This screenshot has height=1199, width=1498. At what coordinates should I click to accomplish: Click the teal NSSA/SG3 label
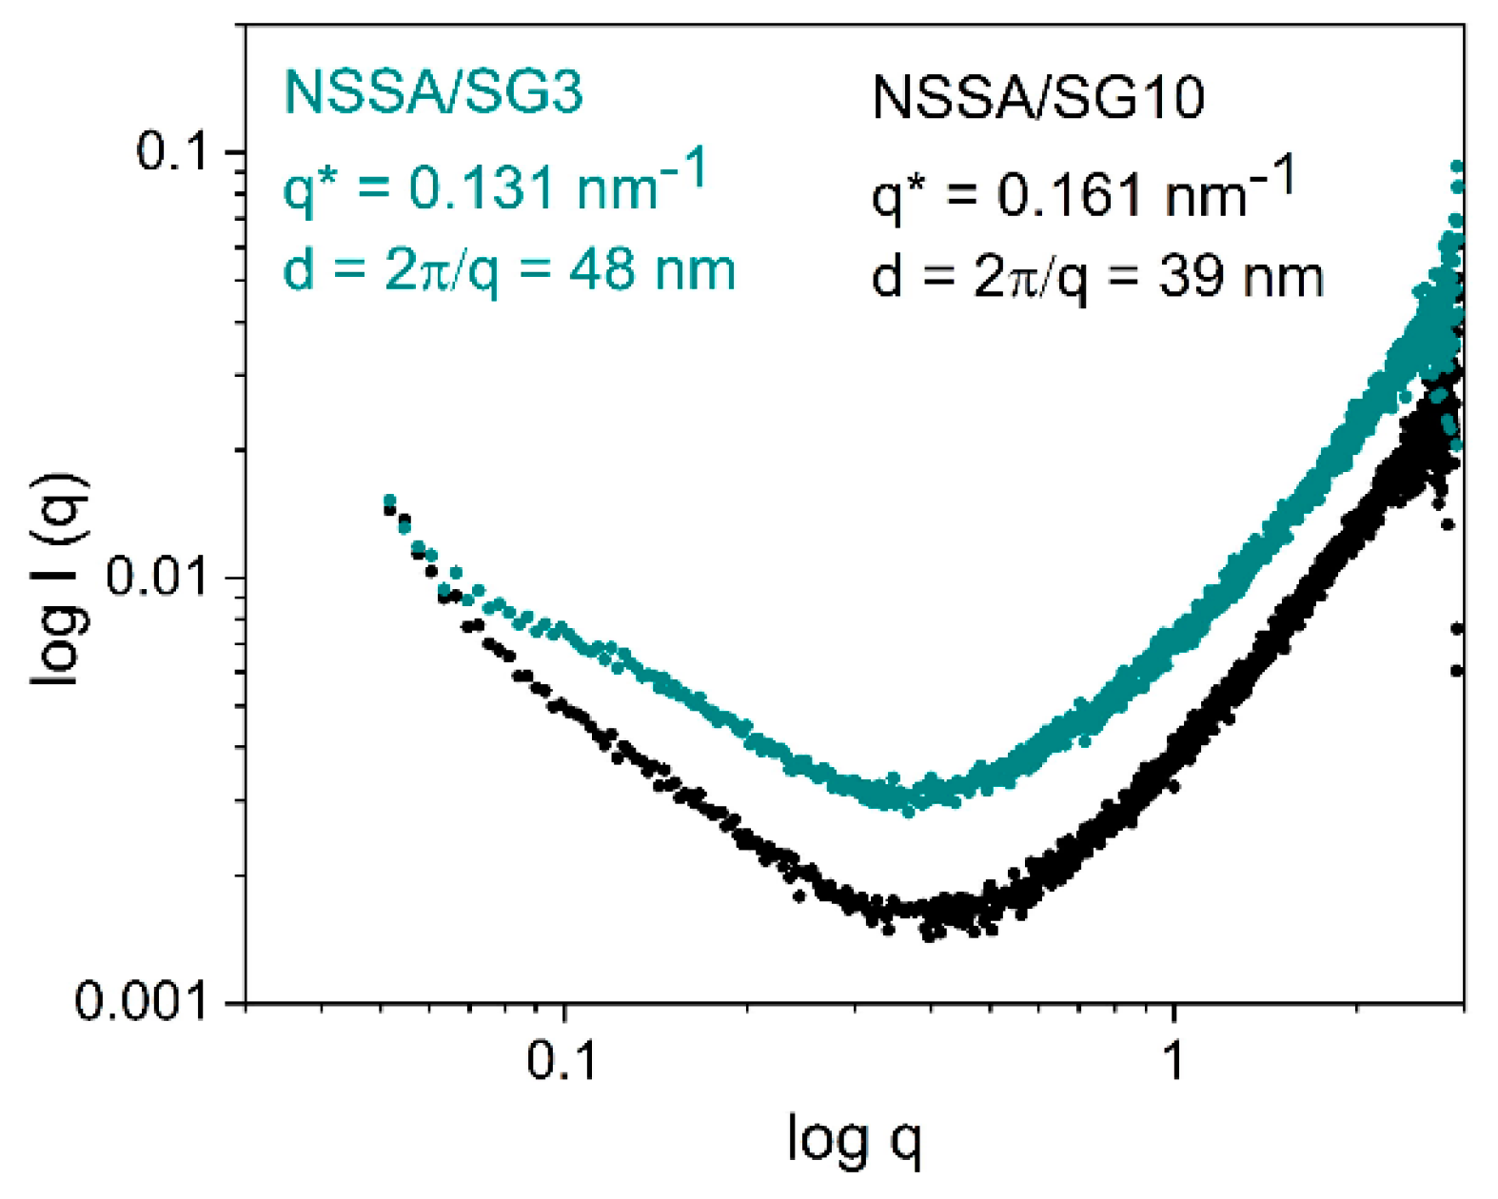click(433, 92)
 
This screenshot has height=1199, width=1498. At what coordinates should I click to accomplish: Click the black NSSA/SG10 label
click(1038, 97)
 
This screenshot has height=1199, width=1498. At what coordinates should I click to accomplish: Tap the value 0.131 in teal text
click(482, 187)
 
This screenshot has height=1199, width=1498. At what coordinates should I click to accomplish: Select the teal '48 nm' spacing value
click(652, 270)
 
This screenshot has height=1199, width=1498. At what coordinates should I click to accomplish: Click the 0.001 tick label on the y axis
click(141, 1001)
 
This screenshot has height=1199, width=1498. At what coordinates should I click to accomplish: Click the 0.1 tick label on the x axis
click(562, 1059)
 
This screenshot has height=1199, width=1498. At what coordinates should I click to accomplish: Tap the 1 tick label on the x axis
click(1174, 1059)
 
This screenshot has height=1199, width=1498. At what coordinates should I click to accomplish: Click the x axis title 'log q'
click(854, 1139)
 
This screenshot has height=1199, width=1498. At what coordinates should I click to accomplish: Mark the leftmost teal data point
click(388, 501)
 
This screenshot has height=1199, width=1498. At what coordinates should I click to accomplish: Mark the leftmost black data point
click(388, 511)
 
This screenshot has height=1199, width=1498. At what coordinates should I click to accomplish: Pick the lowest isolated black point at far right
click(1456, 671)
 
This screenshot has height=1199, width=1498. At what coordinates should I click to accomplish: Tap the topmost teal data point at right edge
click(1455, 167)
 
